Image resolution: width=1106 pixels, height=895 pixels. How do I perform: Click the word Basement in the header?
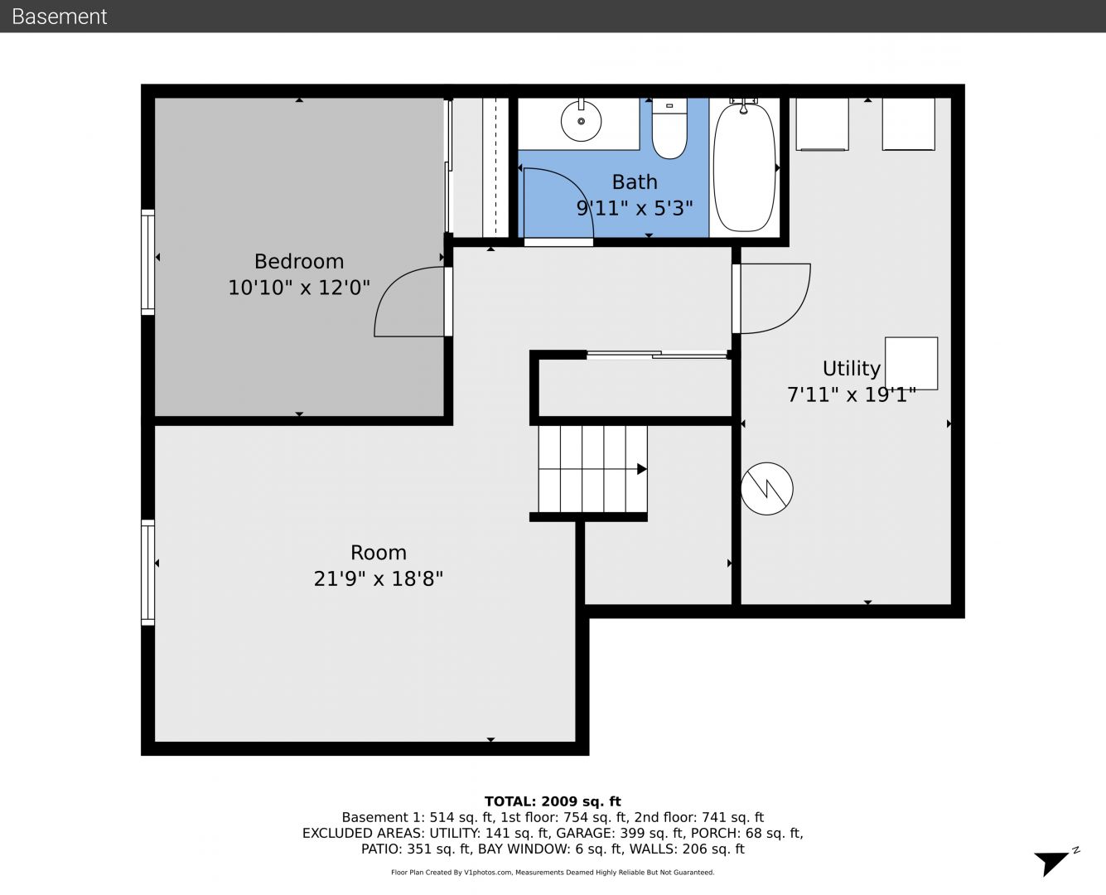click(x=59, y=17)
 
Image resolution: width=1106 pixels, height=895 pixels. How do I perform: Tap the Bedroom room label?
click(x=299, y=261)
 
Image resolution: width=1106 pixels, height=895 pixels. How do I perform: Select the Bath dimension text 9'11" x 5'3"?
click(x=635, y=208)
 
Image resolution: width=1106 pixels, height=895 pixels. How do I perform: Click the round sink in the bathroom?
click(x=581, y=120)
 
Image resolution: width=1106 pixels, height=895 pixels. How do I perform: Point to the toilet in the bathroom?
click(x=669, y=128)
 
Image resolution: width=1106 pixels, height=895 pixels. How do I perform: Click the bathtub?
click(x=744, y=167)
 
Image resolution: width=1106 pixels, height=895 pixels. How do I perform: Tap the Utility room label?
click(x=852, y=368)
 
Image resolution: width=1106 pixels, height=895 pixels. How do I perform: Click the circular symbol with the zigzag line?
click(x=766, y=489)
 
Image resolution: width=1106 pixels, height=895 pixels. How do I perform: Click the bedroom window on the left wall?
click(x=148, y=263)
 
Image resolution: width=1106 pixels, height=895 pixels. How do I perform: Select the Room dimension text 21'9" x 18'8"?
click(x=379, y=578)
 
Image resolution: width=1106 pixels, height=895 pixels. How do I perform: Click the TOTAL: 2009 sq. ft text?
click(x=553, y=801)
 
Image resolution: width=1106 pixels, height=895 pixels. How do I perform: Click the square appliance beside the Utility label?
click(x=911, y=364)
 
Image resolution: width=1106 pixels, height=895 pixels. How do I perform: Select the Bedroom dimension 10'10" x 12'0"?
click(x=299, y=288)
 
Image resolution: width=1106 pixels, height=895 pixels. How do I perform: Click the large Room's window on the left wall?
click(x=148, y=573)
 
